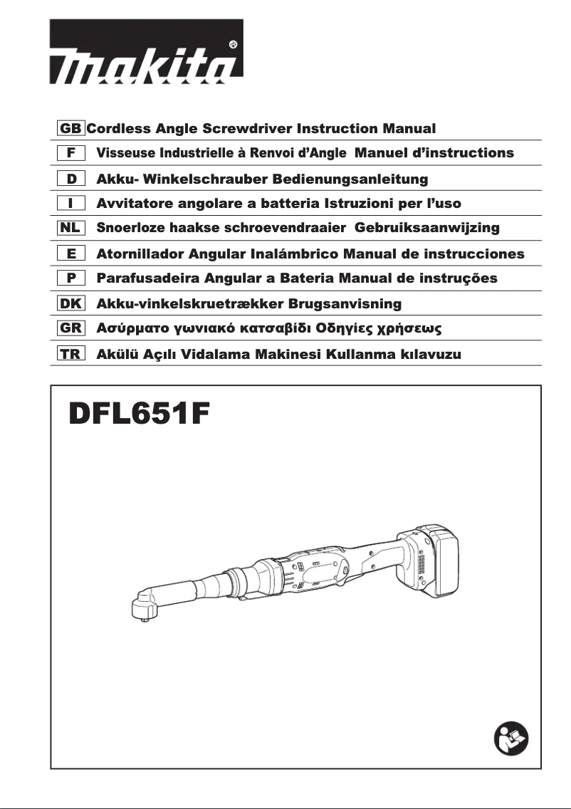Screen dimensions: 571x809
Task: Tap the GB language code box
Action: coord(71,129)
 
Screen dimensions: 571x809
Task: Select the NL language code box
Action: coord(71,228)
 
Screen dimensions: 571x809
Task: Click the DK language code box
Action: coord(71,304)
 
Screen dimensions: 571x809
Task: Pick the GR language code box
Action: coord(71,329)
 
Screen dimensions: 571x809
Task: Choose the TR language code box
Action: coord(71,354)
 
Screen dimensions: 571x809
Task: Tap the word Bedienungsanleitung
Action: coord(346,178)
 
